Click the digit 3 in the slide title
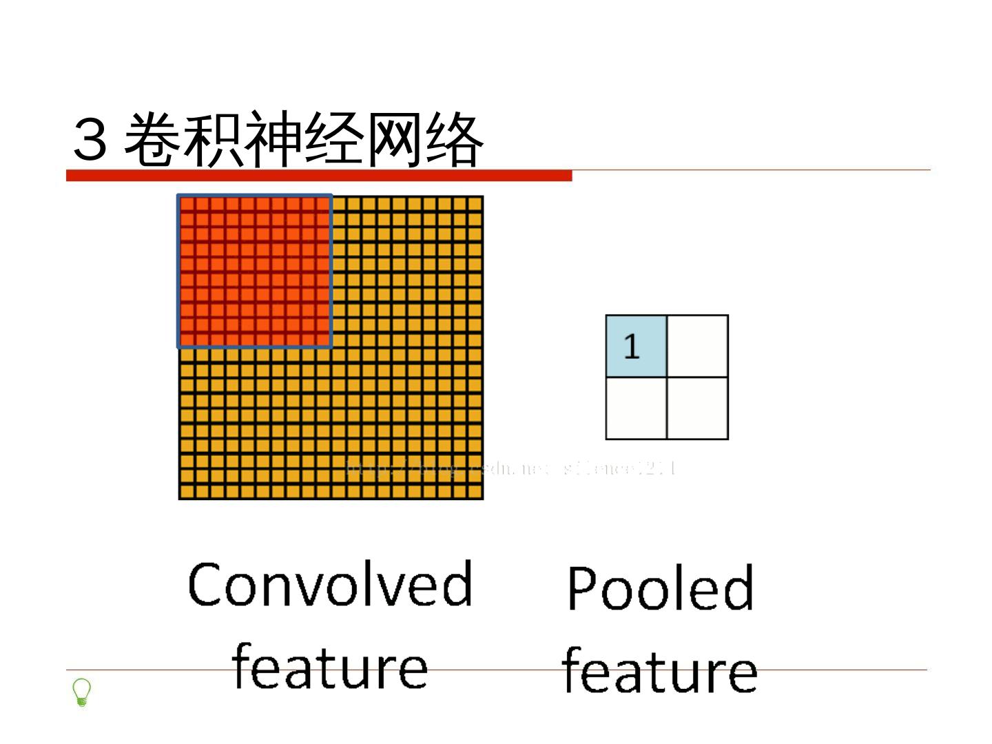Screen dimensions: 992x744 click(90, 139)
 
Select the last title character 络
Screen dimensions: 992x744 click(454, 139)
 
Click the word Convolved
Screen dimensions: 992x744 click(330, 584)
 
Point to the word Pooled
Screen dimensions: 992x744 click(661, 588)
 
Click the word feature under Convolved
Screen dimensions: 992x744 click(330, 666)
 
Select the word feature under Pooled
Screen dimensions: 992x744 click(660, 670)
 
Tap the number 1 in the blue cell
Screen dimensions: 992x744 click(632, 346)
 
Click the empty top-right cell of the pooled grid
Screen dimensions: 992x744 click(698, 346)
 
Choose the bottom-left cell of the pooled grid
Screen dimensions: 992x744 click(636, 408)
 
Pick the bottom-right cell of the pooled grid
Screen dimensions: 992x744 click(698, 408)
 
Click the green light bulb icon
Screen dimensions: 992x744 click(81, 692)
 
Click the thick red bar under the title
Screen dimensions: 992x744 click(318, 176)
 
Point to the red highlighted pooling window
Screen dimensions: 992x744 click(255, 271)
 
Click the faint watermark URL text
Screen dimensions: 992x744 click(510, 469)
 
